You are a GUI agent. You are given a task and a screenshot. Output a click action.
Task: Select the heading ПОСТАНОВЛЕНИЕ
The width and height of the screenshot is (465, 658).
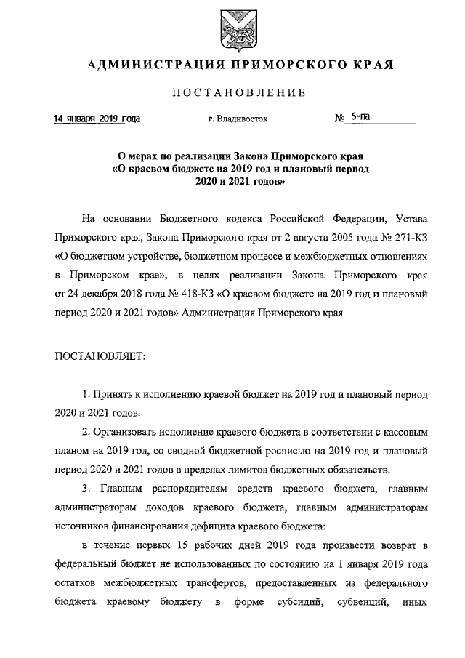tap(239, 92)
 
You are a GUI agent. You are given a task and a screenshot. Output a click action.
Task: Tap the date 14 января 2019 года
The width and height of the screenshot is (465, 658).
tap(97, 119)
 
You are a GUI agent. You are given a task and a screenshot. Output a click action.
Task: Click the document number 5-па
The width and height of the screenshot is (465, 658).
tap(361, 117)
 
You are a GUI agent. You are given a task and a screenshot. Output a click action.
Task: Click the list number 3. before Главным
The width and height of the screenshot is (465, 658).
tap(86, 489)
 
